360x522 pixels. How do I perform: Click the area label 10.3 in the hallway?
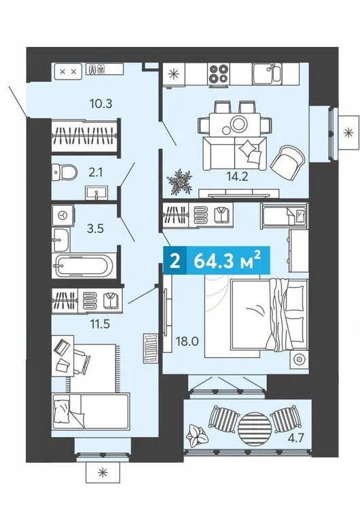pos(100,104)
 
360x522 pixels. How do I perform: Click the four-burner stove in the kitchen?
pos(219,73)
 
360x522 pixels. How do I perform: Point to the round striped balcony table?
pos(252,426)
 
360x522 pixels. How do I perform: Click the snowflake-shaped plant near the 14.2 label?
pos(181,181)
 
